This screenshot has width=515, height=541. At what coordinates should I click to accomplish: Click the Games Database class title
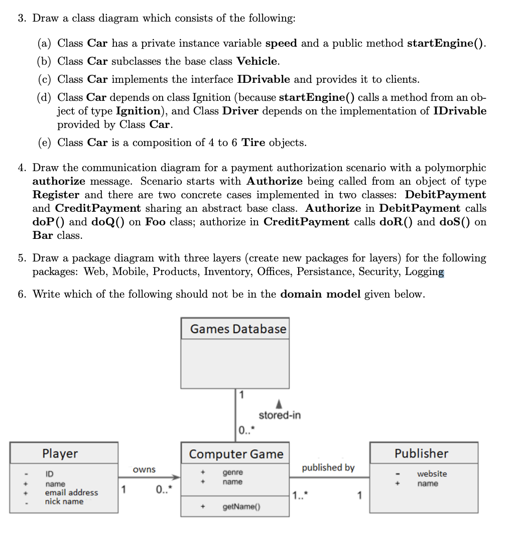point(237,329)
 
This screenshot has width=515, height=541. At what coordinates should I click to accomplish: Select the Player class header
point(60,454)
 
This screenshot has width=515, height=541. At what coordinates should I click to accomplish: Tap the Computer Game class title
point(236,454)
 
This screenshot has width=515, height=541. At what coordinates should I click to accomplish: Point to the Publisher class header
point(421,454)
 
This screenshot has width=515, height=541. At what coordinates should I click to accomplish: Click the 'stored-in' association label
point(280,416)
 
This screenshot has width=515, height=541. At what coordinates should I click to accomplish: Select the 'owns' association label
point(144,470)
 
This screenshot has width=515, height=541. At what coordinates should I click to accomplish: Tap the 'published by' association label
point(328,468)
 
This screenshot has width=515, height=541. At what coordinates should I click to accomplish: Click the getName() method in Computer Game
point(238,507)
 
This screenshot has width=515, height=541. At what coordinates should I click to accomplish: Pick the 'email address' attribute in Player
point(71,493)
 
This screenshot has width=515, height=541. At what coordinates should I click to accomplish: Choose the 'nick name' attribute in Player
point(64,501)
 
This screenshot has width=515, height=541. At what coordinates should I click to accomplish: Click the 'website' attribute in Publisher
point(432,474)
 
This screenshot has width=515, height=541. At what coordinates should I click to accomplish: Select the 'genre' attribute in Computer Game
point(232,473)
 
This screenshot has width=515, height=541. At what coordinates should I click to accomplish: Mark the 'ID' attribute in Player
point(50,474)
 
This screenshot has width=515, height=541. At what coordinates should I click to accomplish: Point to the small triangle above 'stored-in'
point(280,404)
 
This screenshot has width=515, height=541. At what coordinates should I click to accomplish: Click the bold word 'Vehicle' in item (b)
point(257,61)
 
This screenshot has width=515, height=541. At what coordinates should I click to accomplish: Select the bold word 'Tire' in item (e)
point(253,143)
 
